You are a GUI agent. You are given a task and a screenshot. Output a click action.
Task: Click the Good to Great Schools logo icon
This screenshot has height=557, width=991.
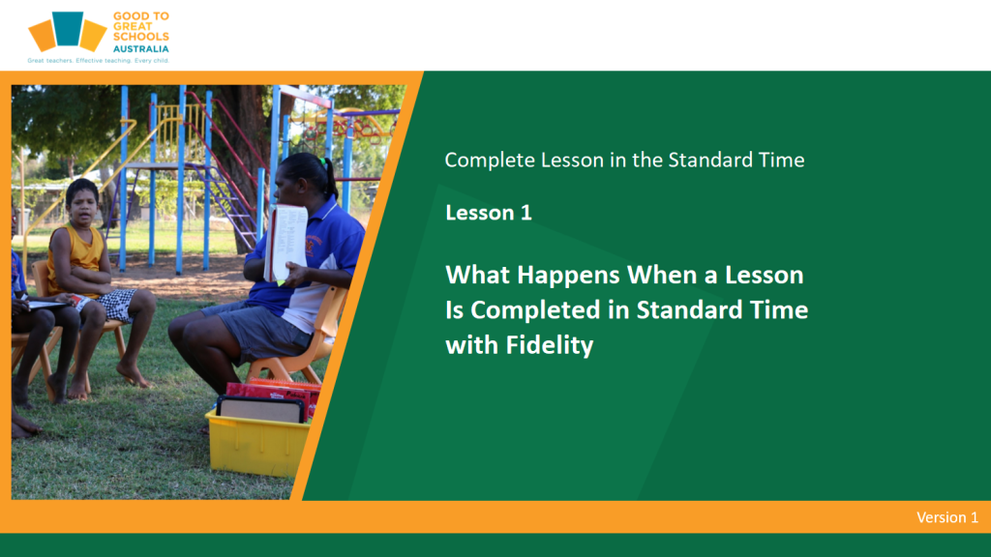pyautogui.click(x=68, y=31)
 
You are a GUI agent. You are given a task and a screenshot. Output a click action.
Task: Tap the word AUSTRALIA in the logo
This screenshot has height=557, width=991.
pyautogui.click(x=141, y=49)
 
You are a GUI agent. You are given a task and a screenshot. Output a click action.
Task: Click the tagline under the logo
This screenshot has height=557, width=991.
pyautogui.click(x=98, y=61)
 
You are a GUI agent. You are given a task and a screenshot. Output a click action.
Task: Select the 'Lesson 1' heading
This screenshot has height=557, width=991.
pyautogui.click(x=489, y=213)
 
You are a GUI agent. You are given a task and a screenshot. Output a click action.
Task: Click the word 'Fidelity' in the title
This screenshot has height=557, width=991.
pyautogui.click(x=550, y=346)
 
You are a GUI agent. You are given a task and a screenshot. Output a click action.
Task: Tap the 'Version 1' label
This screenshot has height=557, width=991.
pyautogui.click(x=947, y=517)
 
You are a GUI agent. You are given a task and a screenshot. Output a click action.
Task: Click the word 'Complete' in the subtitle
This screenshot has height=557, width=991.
pyautogui.click(x=490, y=161)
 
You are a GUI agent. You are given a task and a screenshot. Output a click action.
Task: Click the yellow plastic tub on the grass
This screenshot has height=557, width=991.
pyautogui.click(x=256, y=444)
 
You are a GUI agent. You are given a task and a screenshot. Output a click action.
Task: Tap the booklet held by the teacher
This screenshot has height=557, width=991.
pyautogui.click(x=286, y=243)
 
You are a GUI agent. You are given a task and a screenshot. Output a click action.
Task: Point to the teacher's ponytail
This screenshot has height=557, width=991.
pyautogui.click(x=329, y=179)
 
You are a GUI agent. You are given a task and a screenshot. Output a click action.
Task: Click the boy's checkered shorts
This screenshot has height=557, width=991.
pyautogui.click(x=116, y=305)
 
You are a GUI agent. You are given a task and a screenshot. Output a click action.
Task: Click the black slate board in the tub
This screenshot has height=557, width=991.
pyautogui.click(x=260, y=409)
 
